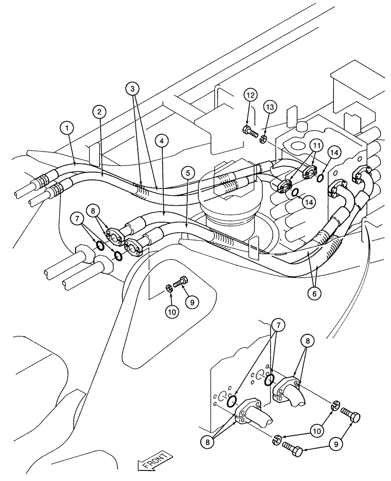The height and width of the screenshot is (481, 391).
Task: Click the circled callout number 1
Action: [x=68, y=128]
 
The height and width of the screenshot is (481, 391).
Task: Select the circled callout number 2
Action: [x=99, y=113]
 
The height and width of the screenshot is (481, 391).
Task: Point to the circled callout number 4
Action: [x=162, y=141]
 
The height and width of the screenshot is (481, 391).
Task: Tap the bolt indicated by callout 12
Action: [x=248, y=130]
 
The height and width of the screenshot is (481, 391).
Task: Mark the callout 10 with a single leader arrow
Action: [x=172, y=311]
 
